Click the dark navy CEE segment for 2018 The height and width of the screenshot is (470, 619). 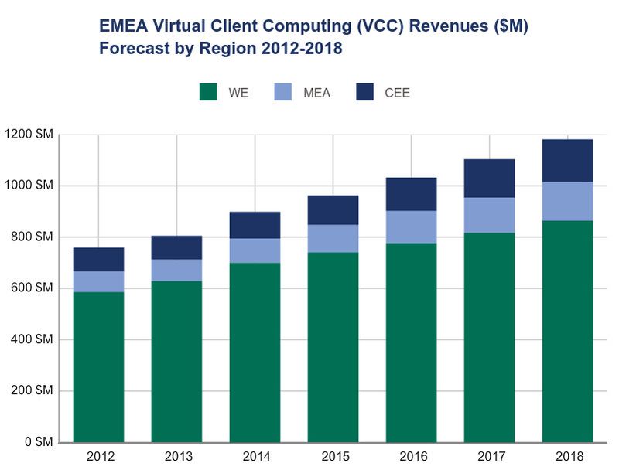pyautogui.click(x=567, y=161)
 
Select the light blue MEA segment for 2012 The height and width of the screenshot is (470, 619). pyautogui.click(x=98, y=281)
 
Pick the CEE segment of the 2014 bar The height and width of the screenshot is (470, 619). pyautogui.click(x=255, y=225)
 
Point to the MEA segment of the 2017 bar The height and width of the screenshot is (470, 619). pyautogui.click(x=489, y=215)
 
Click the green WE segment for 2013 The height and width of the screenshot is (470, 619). pyautogui.click(x=176, y=361)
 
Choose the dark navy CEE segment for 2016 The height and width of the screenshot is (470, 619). pyautogui.click(x=411, y=194)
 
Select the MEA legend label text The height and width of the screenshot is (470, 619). pyautogui.click(x=317, y=93)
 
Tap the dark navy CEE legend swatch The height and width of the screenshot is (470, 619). pyautogui.click(x=365, y=92)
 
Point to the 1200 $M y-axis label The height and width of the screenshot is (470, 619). pyautogui.click(x=29, y=135)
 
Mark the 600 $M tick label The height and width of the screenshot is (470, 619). pyautogui.click(x=32, y=288)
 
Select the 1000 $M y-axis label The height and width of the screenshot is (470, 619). pyautogui.click(x=29, y=186)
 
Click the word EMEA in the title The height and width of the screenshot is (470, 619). pyautogui.click(x=122, y=27)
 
